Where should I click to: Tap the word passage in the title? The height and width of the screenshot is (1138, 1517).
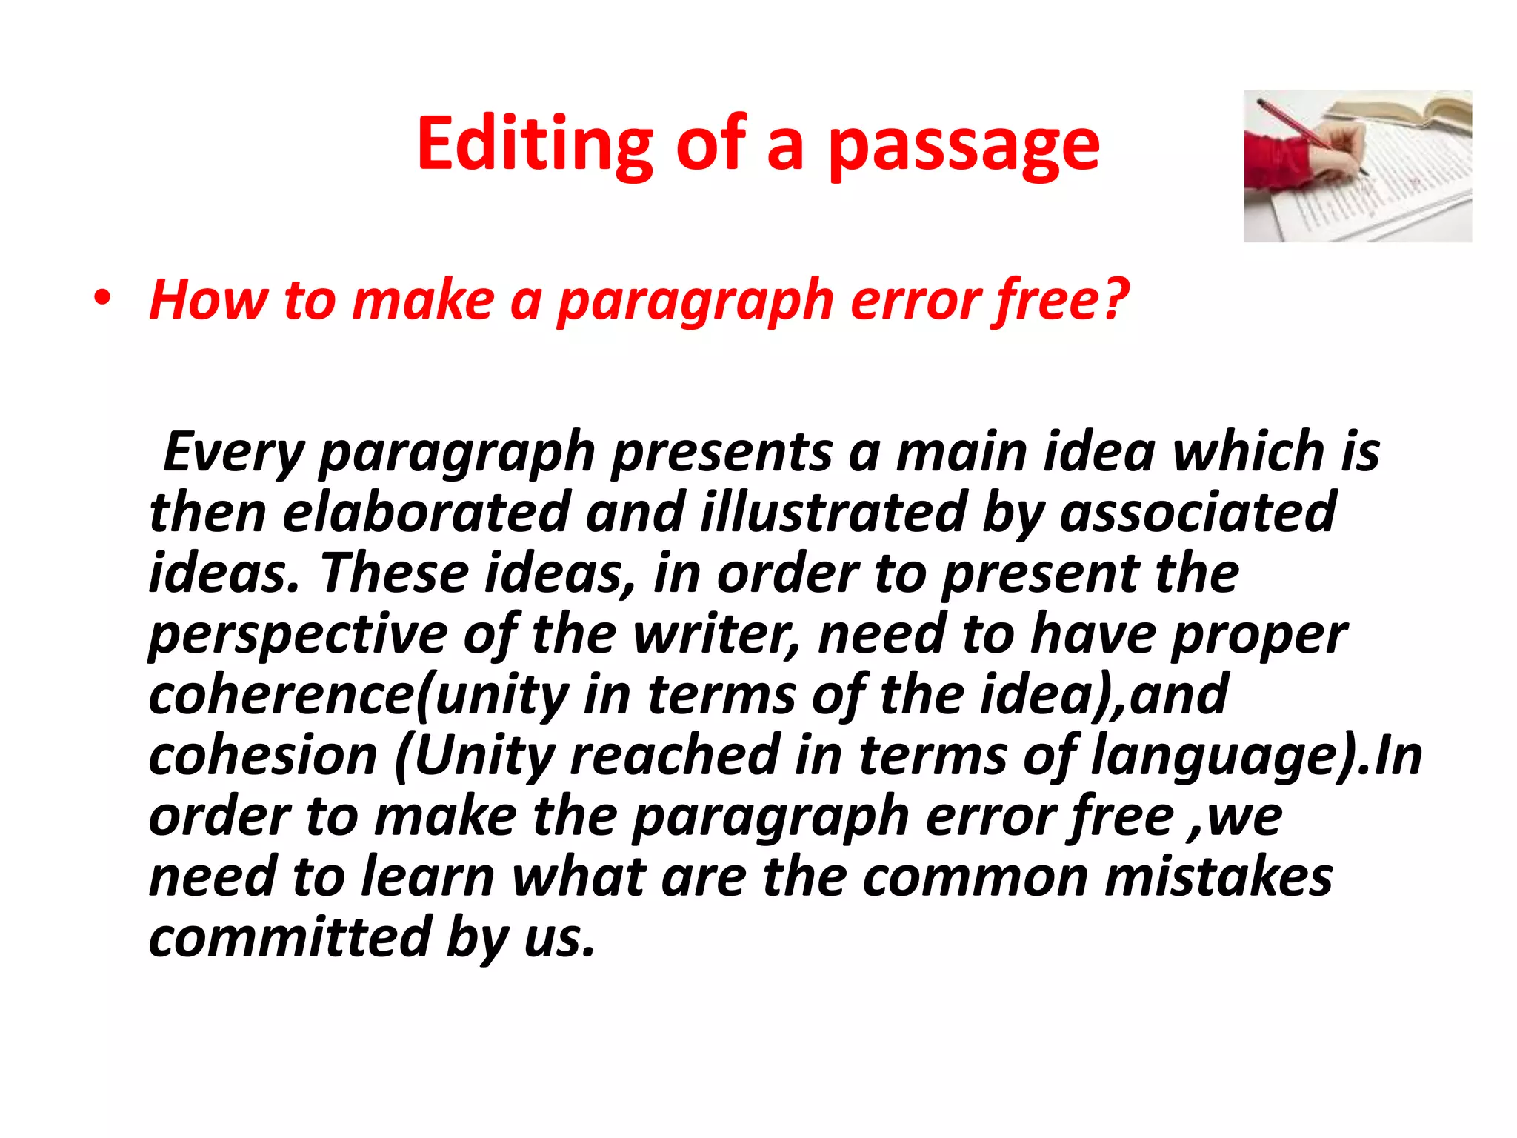coord(963,144)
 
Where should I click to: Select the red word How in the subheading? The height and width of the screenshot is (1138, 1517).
coord(208,300)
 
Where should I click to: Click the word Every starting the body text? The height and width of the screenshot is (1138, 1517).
coord(234,452)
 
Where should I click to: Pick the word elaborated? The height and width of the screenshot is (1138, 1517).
coord(425,512)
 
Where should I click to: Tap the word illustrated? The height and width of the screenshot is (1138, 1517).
coord(833,512)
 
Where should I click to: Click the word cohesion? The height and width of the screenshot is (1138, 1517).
coord(263,756)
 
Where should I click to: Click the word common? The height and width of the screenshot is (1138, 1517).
coord(975,877)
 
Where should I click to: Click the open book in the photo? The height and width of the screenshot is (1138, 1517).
coord(1407,111)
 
